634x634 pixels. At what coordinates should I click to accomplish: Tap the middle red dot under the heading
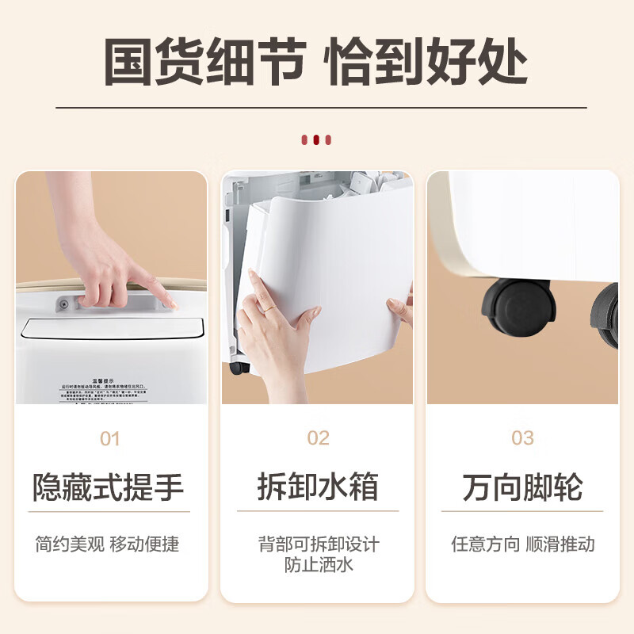(x=316, y=139)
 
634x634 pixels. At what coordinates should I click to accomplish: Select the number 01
(x=111, y=438)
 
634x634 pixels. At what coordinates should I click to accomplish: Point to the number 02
(x=318, y=438)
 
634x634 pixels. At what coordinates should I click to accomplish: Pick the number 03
(x=523, y=438)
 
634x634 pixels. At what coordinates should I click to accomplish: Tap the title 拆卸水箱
(x=317, y=487)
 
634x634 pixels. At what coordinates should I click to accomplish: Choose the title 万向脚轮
(x=523, y=487)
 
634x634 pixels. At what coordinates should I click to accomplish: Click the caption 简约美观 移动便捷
(x=107, y=544)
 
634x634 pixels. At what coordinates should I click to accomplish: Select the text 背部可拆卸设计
(x=318, y=544)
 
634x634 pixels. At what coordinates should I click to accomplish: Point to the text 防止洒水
(x=318, y=564)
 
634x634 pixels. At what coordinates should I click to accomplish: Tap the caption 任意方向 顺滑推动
(x=523, y=544)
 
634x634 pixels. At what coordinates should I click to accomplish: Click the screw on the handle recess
(x=63, y=303)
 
